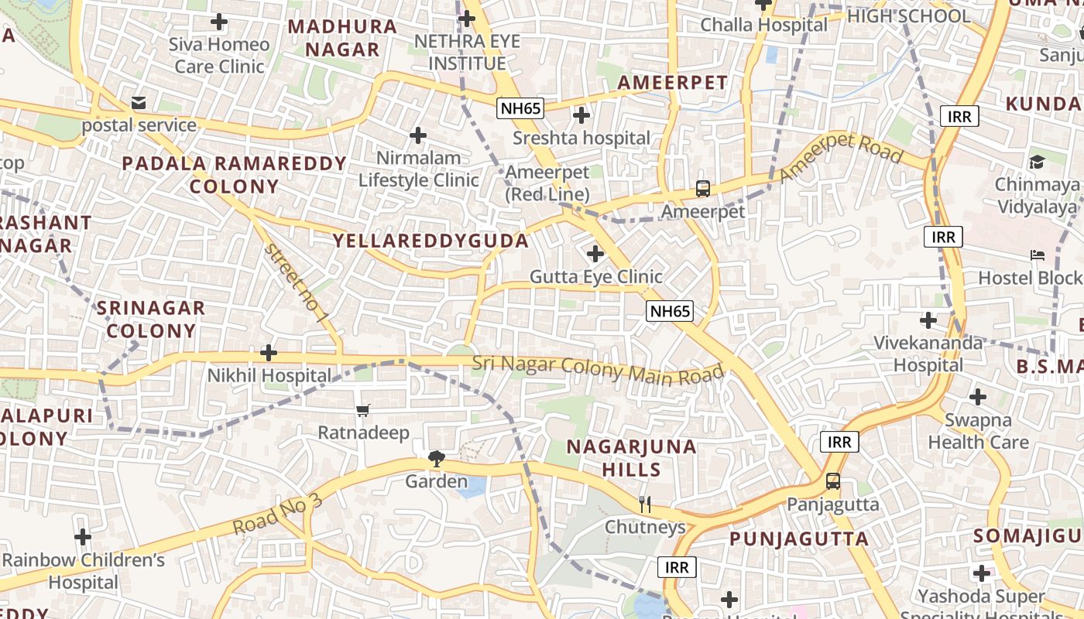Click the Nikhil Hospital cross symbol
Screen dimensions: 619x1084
(x=269, y=353)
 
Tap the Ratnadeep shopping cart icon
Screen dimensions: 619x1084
(x=362, y=410)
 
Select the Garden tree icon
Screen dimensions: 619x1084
(x=437, y=460)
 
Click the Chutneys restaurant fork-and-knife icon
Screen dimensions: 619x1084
(x=645, y=504)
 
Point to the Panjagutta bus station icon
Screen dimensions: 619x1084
(x=833, y=481)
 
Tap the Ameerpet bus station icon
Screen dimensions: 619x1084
(x=703, y=188)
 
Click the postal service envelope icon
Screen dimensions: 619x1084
(x=139, y=102)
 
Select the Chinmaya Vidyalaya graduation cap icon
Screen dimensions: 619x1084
(x=1037, y=162)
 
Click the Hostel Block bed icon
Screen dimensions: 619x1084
(x=1037, y=255)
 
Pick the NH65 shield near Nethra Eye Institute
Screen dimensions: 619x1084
(x=520, y=108)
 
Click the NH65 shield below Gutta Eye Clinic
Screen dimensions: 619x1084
(x=670, y=312)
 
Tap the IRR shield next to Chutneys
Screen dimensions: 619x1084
(x=677, y=567)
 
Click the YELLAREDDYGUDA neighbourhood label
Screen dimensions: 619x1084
(x=431, y=241)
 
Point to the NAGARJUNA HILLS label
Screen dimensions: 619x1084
(x=632, y=458)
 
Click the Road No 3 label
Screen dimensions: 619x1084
(x=277, y=514)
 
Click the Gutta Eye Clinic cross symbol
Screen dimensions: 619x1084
(x=595, y=253)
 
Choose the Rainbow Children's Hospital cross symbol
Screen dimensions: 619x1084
(x=83, y=536)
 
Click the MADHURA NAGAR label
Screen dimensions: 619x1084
(x=342, y=38)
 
